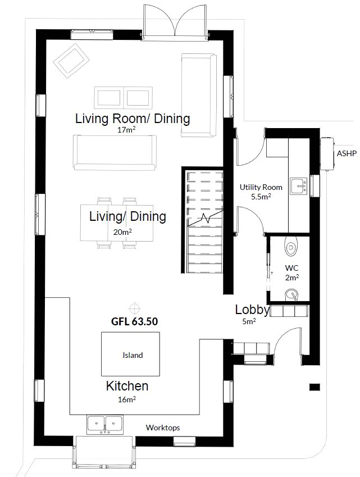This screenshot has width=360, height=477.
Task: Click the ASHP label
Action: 347,153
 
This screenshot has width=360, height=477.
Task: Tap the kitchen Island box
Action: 130,354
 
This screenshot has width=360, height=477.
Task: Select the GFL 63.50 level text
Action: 134,321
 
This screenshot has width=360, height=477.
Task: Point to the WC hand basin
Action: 291,294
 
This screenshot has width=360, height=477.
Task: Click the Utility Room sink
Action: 299,186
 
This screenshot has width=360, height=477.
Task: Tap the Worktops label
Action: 163,428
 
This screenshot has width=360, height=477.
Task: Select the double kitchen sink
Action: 105,425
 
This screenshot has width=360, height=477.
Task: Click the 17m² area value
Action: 126,130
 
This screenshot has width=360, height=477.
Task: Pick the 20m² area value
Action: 122,232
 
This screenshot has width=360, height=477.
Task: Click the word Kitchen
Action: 127,386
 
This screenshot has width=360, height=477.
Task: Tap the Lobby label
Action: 252,310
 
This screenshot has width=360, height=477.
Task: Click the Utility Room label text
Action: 261,187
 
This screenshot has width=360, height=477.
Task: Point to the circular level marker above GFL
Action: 134,308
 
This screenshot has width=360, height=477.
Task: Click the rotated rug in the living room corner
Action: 71,61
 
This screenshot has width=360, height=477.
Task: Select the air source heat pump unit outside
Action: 327,153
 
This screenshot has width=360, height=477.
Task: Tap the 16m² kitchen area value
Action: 127,399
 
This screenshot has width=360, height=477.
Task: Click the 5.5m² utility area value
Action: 261,197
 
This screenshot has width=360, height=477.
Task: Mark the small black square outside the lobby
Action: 315,387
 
